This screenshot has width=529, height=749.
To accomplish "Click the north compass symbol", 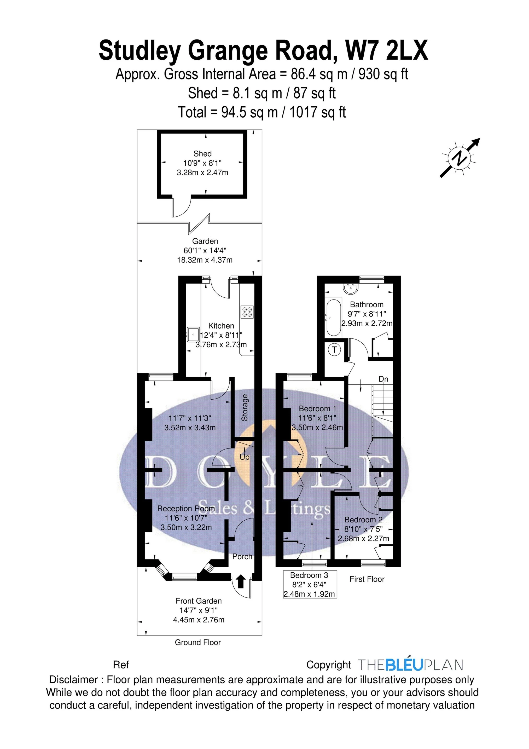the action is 460,158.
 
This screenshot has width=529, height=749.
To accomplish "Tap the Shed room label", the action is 202,154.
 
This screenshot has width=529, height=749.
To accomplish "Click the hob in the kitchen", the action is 247,312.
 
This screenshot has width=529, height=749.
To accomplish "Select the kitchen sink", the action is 193,334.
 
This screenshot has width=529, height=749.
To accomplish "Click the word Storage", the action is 245,407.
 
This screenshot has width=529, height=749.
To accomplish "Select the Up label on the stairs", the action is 245,457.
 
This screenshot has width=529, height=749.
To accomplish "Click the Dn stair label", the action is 383,379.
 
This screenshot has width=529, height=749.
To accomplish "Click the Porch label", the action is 242,557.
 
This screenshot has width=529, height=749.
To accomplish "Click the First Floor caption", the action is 367,579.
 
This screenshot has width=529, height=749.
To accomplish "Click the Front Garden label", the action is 199,601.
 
